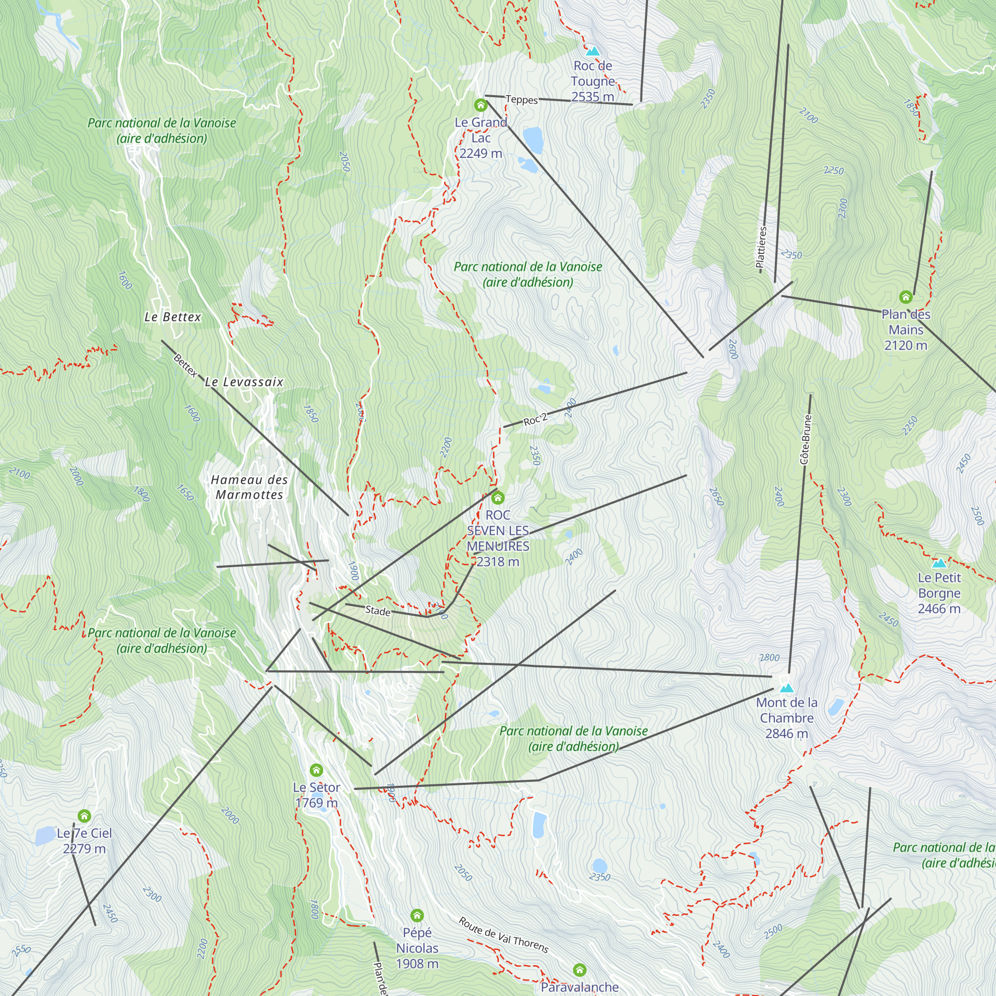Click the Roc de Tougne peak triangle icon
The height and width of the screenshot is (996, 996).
593,51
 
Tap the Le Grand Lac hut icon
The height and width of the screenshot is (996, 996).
481,105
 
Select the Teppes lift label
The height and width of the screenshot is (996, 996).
521,100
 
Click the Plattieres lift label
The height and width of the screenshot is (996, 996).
761,248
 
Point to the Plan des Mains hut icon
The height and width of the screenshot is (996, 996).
906,297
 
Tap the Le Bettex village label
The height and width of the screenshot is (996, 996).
173,317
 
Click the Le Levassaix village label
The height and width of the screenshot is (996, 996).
244,382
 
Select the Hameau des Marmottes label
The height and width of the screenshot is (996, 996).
249,487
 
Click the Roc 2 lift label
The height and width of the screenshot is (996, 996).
535,420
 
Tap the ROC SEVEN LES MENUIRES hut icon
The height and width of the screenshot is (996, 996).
498,498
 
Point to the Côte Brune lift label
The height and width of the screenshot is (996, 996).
806,439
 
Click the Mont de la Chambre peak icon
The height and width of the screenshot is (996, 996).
786,688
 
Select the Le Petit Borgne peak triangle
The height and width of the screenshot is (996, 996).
939,563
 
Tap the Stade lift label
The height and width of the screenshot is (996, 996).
378,611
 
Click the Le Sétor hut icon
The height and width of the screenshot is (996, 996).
317,770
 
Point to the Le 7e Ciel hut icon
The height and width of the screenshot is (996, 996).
85,816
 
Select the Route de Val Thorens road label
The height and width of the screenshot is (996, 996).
503,935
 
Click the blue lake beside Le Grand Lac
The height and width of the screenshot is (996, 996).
533,140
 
